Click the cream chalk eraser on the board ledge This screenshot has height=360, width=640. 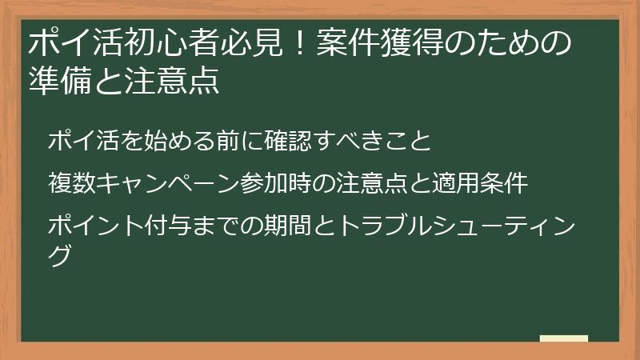563,338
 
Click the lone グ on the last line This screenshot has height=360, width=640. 61,256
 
